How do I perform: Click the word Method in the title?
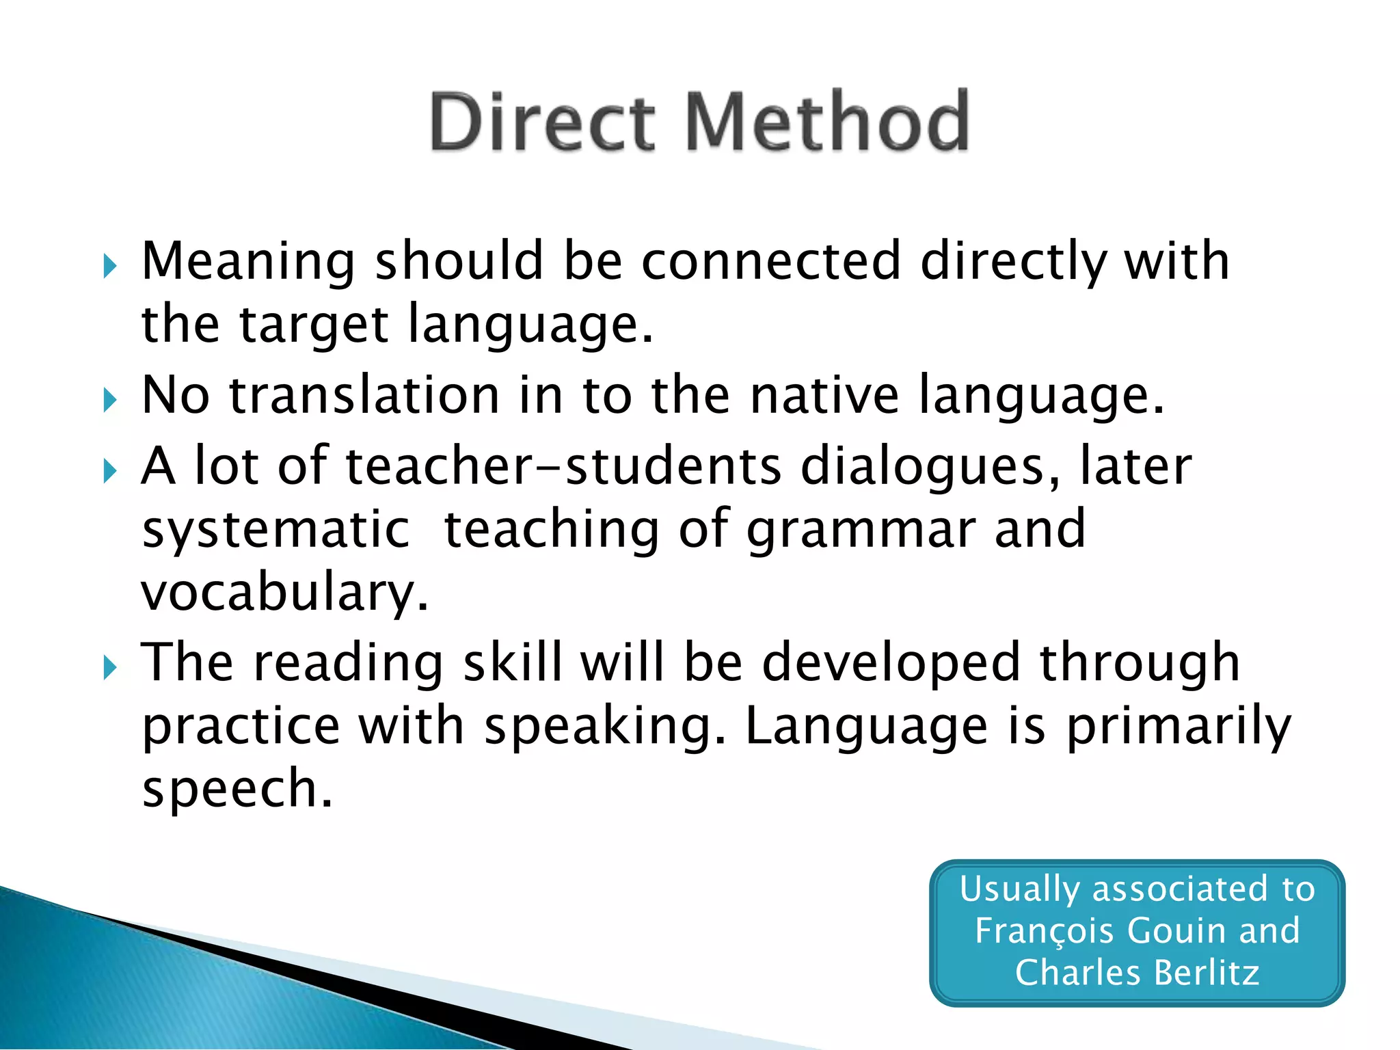(826, 122)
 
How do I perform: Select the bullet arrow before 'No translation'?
(110, 399)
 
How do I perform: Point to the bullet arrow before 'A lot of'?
(110, 470)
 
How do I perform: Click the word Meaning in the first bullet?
(248, 262)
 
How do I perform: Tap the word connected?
(771, 261)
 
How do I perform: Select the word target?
(314, 325)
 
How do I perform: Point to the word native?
(824, 396)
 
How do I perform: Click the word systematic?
(275, 530)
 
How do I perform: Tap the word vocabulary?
(285, 593)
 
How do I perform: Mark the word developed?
(891, 664)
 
